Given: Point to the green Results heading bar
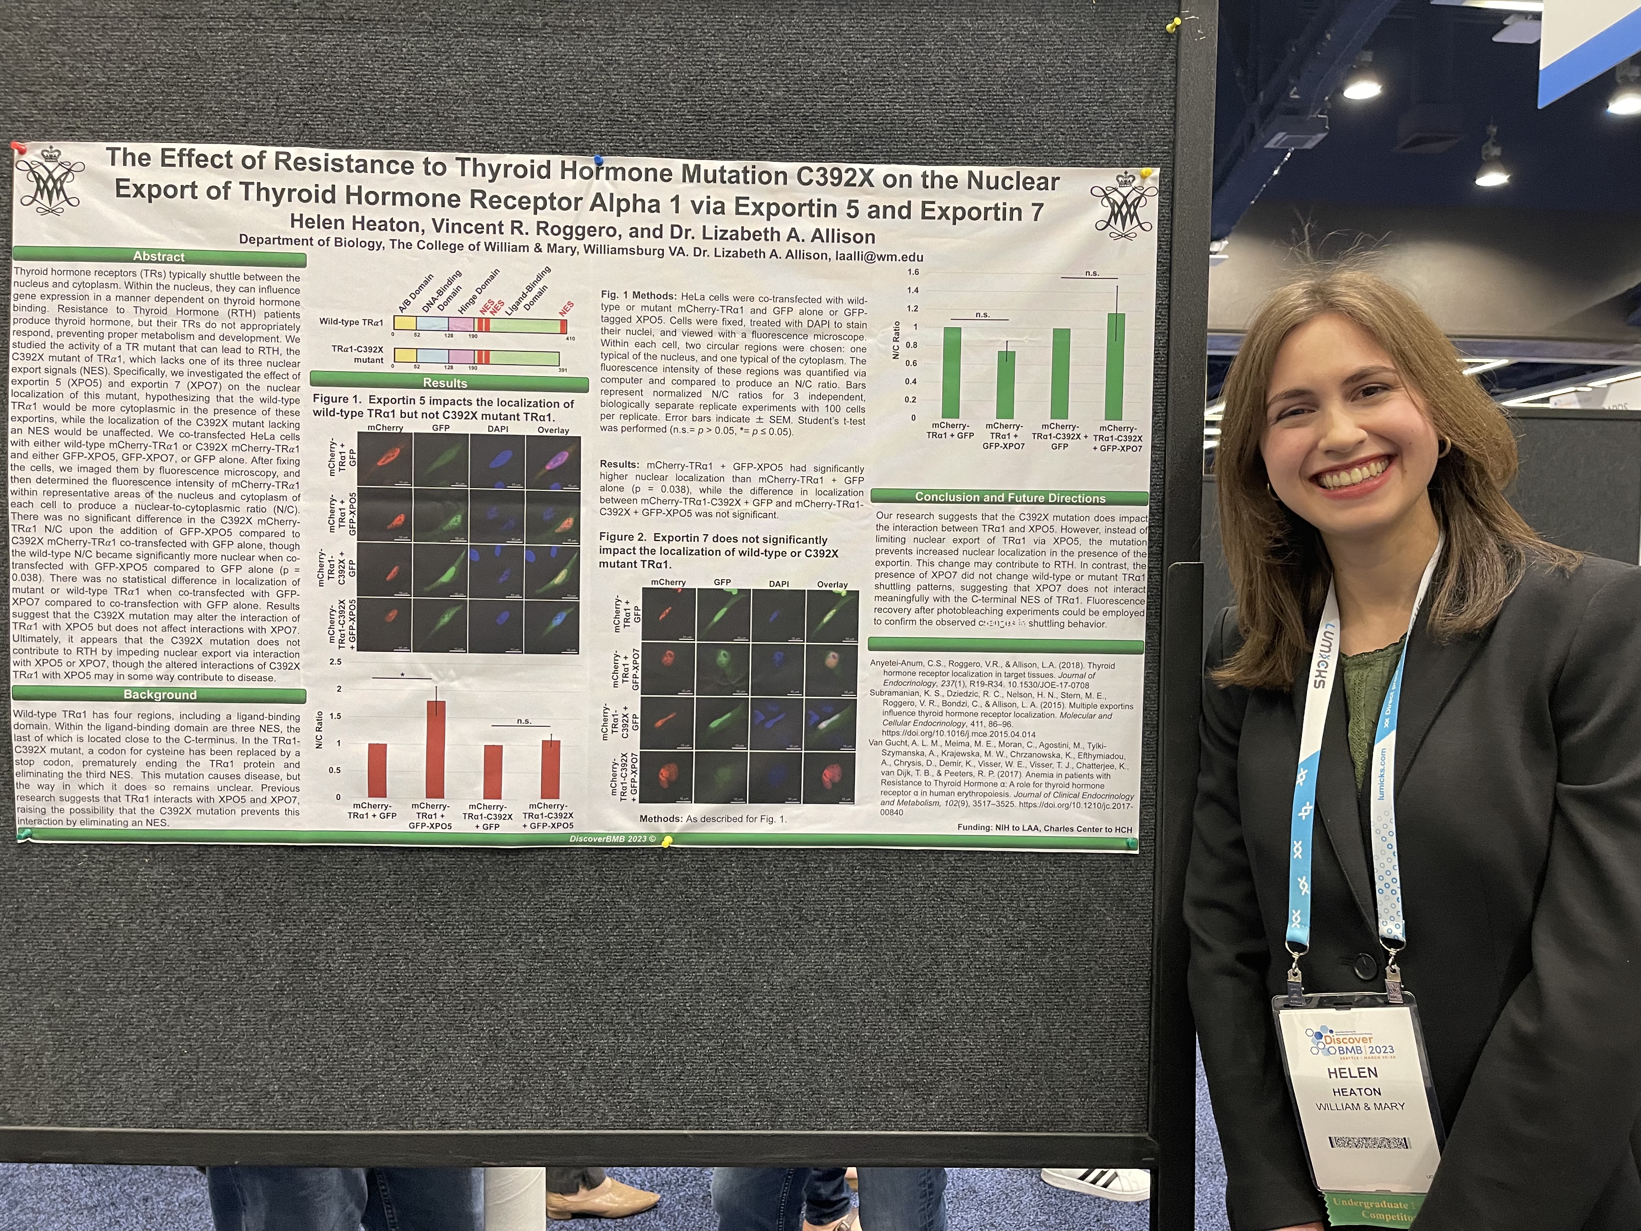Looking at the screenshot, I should pos(445,383).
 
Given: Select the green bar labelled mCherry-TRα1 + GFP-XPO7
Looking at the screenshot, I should pos(1005,384).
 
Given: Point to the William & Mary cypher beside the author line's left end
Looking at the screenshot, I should pos(50,182).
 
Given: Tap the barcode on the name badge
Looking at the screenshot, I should pos(1369,1143).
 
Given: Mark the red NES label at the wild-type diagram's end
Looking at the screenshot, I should pos(567,308).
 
